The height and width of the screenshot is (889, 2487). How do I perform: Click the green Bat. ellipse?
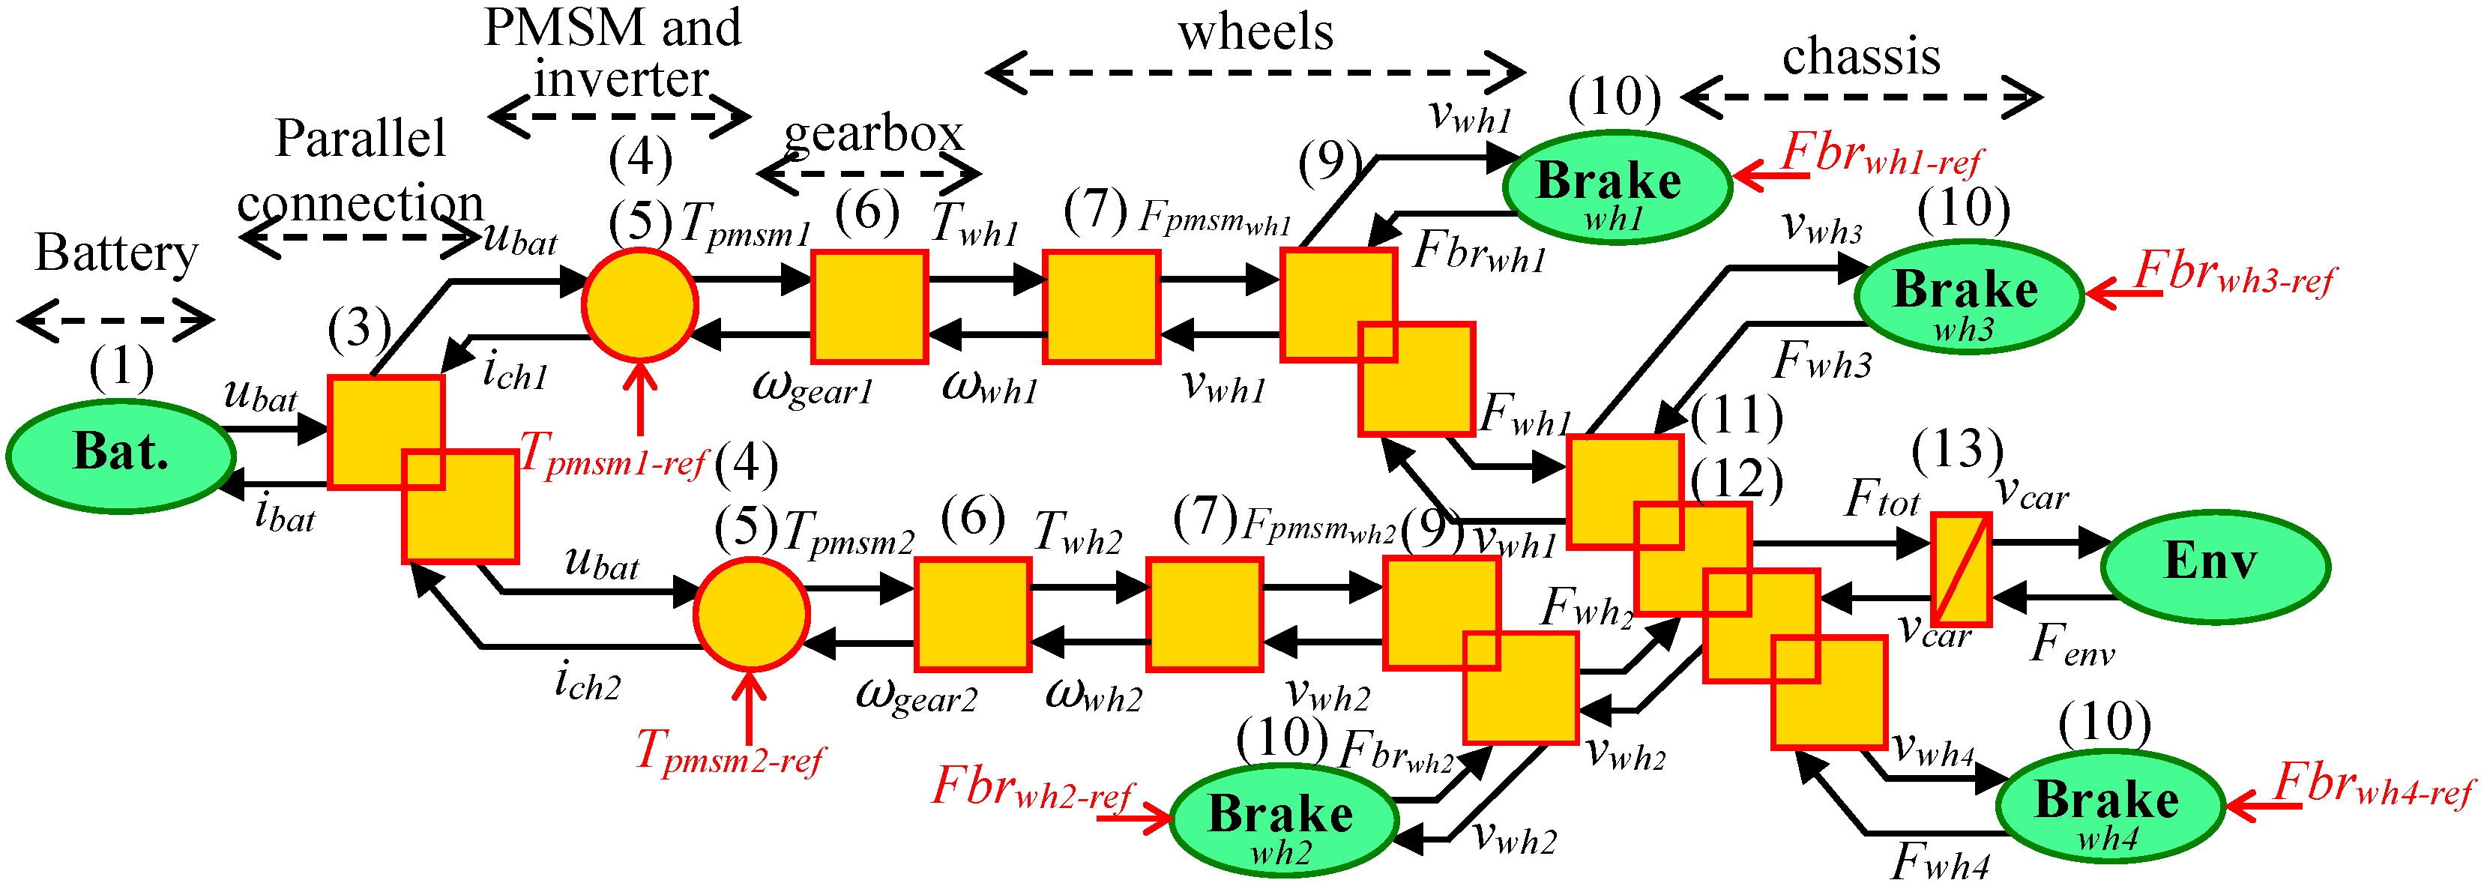tap(121, 455)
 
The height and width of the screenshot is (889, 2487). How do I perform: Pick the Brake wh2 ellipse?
tap(1283, 821)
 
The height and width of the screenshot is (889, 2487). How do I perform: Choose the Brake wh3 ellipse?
tap(1968, 295)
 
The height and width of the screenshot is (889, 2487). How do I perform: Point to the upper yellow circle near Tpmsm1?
tap(639, 305)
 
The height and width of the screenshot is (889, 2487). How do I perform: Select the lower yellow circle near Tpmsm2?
tap(750, 614)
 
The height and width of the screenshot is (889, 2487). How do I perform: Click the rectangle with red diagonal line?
tap(1961, 570)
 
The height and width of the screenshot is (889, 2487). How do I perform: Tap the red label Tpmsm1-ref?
tap(612, 456)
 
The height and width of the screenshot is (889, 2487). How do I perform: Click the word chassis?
tap(1860, 56)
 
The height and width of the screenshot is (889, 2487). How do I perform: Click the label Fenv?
tap(2071, 645)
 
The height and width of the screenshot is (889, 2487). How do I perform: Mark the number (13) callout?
tap(1957, 450)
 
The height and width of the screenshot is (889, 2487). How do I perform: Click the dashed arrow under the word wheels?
tap(1254, 73)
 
